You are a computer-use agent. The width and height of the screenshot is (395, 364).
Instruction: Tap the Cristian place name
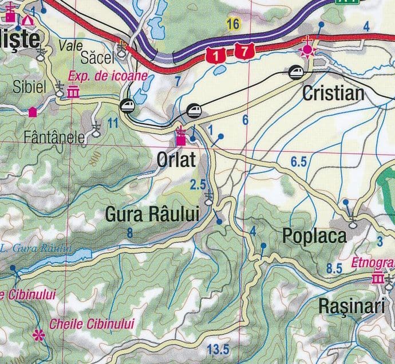(x=333, y=93)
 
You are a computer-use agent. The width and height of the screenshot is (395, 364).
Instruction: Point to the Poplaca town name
(x=314, y=236)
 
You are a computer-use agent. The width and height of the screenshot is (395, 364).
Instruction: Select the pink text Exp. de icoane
(x=108, y=76)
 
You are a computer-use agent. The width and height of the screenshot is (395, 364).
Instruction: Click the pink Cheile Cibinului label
(x=92, y=324)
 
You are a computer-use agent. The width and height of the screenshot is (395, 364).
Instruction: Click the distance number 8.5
(x=334, y=268)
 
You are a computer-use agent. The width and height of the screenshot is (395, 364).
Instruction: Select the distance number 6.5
(x=299, y=162)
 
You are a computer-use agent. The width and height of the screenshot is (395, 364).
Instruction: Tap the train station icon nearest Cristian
(x=296, y=72)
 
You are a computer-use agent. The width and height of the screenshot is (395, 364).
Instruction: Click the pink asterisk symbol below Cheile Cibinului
(x=39, y=335)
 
